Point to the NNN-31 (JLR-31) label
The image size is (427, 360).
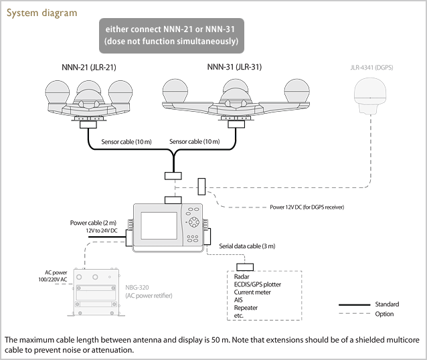tap(235, 67)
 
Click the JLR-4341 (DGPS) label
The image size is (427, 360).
tap(371, 68)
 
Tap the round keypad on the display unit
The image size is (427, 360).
tap(193, 221)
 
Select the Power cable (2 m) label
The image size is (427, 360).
tap(94, 222)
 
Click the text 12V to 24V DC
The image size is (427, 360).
tap(101, 230)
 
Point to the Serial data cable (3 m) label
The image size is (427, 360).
tap(247, 246)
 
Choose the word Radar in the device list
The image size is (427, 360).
tap(242, 276)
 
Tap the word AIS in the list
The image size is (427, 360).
tap(239, 300)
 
